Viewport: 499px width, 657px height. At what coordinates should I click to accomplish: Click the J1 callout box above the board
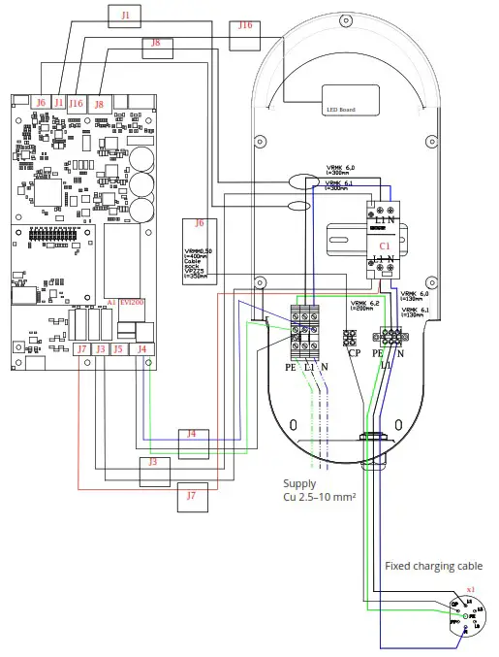pyautogui.click(x=128, y=16)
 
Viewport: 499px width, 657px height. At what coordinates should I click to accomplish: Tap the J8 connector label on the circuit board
pyautogui.click(x=99, y=102)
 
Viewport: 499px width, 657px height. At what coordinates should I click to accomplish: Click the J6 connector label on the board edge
pyautogui.click(x=41, y=102)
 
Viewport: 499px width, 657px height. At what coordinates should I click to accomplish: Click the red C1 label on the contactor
pyautogui.click(x=385, y=246)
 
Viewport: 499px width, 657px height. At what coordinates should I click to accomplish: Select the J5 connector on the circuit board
pyautogui.click(x=118, y=347)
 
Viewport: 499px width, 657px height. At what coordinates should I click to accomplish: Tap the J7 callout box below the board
pyautogui.click(x=191, y=496)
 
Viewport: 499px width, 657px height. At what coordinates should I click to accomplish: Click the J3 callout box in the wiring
pyautogui.click(x=152, y=464)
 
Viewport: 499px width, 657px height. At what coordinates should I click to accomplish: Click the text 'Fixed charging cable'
pyautogui.click(x=433, y=566)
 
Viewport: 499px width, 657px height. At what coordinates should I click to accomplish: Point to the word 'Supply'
pyautogui.click(x=299, y=483)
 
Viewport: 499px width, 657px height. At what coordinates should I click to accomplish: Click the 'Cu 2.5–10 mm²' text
pyautogui.click(x=319, y=499)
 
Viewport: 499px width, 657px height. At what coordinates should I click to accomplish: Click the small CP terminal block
pyautogui.click(x=351, y=337)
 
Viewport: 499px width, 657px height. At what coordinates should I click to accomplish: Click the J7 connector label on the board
pyautogui.click(x=82, y=347)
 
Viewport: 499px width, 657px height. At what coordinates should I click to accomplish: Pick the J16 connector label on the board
pyautogui.click(x=76, y=102)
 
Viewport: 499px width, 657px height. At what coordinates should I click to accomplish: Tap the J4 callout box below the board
pyautogui.click(x=191, y=434)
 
